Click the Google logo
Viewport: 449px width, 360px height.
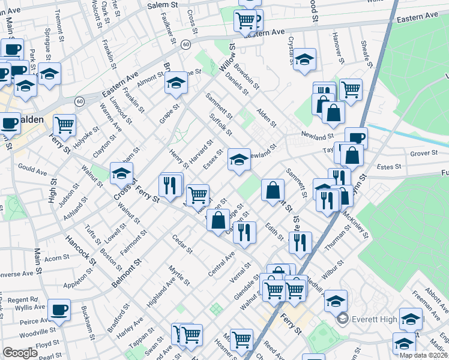(x=20, y=353)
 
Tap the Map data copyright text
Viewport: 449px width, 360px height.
(x=423, y=355)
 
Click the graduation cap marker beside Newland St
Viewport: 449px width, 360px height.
(x=239, y=160)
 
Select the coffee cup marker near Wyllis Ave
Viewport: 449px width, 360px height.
(x=59, y=310)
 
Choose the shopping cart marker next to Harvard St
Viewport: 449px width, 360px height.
(x=197, y=194)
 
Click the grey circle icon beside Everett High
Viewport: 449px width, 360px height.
(x=343, y=318)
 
